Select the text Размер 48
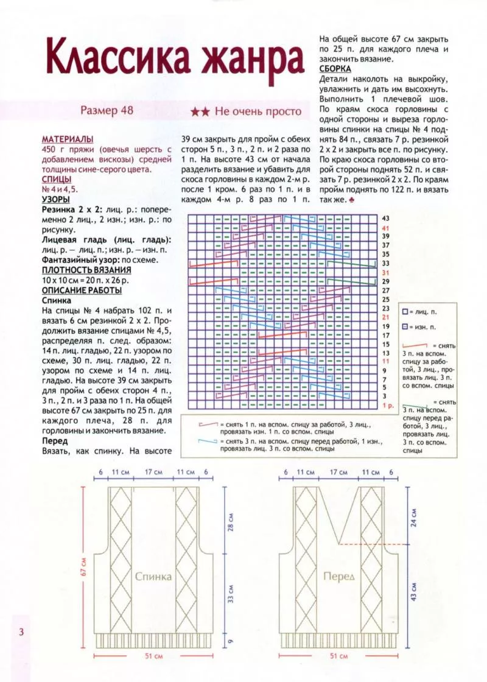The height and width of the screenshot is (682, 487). (107, 111)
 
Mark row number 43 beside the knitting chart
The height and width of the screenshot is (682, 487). (385, 218)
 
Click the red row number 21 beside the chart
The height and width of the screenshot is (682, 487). (385, 317)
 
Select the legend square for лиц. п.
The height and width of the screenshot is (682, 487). (404, 312)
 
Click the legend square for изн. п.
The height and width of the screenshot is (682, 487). (404, 328)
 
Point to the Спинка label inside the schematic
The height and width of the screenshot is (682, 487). (153, 577)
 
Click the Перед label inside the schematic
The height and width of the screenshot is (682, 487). (338, 576)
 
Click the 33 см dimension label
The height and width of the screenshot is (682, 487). (231, 594)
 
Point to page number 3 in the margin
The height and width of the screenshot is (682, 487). (21, 631)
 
